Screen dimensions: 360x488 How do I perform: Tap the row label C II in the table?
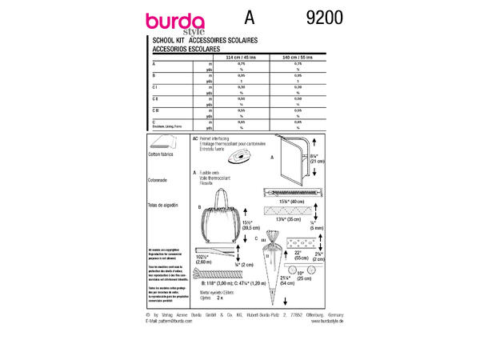point(155,97)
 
